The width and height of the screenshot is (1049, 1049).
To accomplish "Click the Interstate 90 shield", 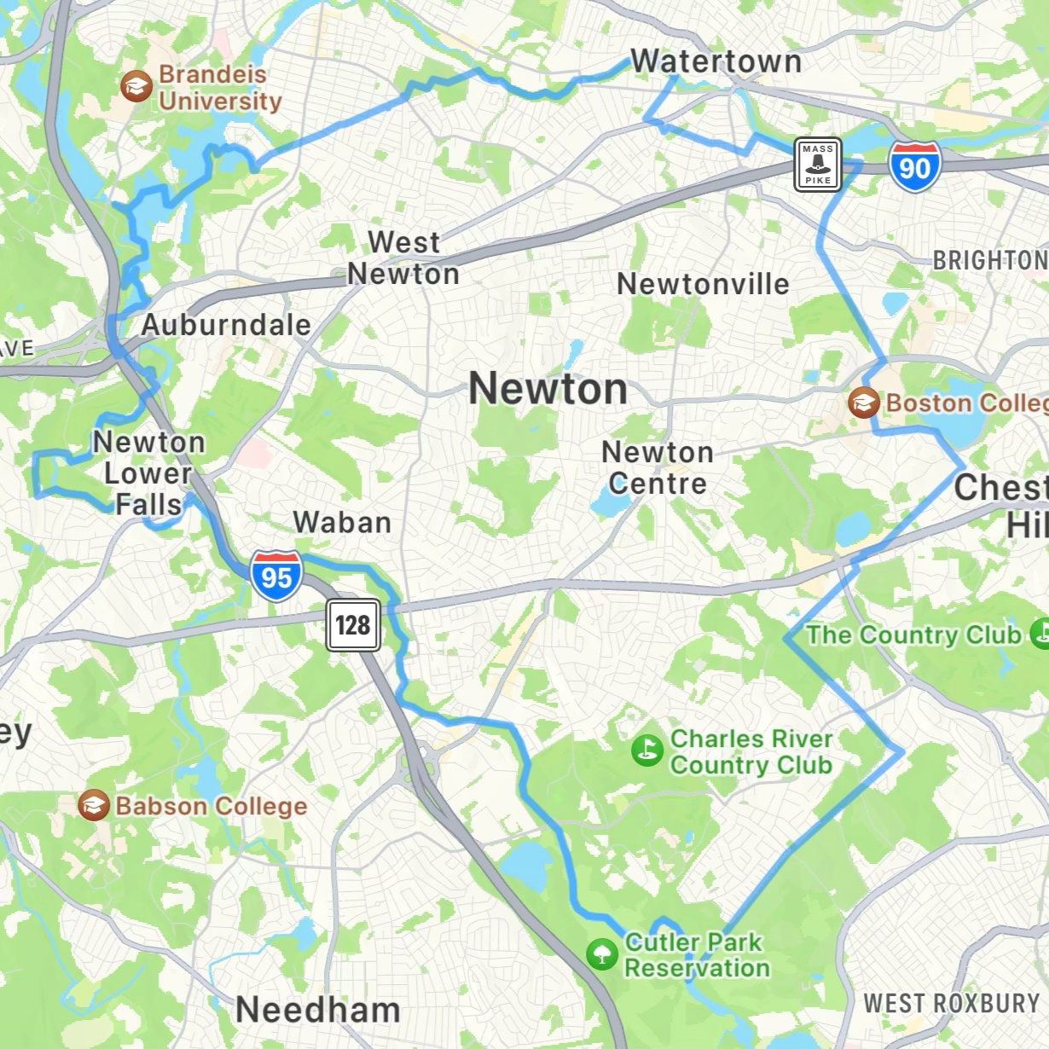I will (x=914, y=166).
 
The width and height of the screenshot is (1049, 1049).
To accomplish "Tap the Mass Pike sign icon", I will (x=818, y=165).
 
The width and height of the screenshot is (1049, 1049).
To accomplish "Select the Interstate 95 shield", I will (x=276, y=576).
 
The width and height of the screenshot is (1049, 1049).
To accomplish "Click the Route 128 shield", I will (x=353, y=625).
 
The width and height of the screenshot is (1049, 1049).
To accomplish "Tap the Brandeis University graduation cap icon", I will (x=136, y=86).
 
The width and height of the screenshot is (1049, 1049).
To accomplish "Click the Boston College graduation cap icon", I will (x=864, y=402).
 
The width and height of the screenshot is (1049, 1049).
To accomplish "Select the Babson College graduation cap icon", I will (x=94, y=805).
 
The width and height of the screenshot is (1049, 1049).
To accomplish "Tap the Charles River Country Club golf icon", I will (x=647, y=751).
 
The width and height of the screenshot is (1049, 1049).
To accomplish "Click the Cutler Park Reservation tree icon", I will (x=602, y=953).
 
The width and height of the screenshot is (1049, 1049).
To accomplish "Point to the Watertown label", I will (x=716, y=61).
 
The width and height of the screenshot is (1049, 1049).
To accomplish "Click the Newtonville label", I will (x=703, y=284).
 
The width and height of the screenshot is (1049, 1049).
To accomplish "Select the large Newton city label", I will (x=548, y=389).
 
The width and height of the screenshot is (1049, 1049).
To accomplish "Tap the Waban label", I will (x=342, y=522).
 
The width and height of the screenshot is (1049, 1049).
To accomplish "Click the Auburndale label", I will (x=226, y=325).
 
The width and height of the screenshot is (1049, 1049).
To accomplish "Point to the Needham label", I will (x=318, y=1010).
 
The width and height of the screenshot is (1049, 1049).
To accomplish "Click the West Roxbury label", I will (x=952, y=1003).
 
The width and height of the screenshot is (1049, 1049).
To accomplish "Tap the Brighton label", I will (x=989, y=260).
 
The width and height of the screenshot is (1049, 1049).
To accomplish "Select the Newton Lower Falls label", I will (x=149, y=473).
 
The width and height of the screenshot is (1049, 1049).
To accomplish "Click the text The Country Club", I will (x=913, y=635).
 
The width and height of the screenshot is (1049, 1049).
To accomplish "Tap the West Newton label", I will (x=403, y=258).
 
